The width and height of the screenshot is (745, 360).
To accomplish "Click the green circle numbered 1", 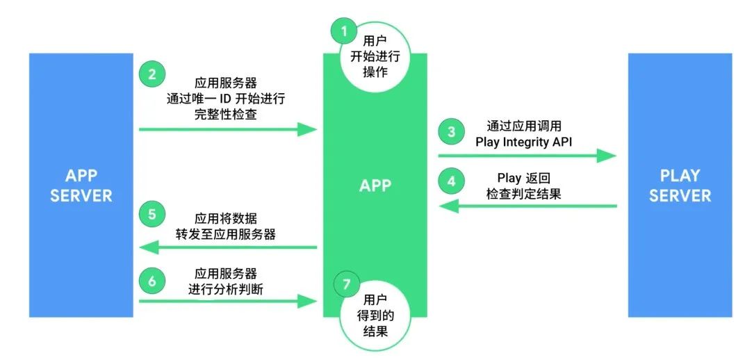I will click(343, 31).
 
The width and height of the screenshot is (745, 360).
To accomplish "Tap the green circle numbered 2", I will click(151, 74).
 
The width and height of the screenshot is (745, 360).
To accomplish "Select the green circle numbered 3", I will click(452, 131).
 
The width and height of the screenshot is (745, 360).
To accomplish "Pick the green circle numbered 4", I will click(452, 182).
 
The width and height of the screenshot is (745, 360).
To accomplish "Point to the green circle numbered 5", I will click(151, 213).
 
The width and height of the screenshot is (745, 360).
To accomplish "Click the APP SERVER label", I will click(80, 186).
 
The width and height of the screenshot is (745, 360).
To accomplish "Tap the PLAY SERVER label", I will click(680, 186).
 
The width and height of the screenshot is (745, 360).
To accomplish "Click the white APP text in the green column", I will click(375, 186).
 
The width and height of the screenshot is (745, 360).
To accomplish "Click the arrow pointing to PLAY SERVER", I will click(527, 156).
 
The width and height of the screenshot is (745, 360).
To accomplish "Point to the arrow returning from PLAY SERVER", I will click(527, 206).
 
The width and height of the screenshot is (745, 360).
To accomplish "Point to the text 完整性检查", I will click(226, 115).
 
